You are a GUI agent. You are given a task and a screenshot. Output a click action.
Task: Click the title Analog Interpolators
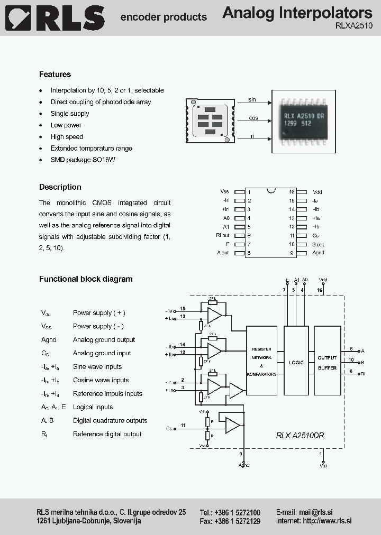(x=297, y=13)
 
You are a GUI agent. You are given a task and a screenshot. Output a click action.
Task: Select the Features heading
(x=55, y=75)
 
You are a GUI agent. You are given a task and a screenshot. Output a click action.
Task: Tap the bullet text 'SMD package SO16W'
(x=83, y=160)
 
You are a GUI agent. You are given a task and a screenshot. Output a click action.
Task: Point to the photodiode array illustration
(x=210, y=121)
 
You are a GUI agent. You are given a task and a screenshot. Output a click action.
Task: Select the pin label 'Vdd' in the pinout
(x=317, y=192)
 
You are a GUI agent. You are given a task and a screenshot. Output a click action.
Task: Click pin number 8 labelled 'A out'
(x=249, y=253)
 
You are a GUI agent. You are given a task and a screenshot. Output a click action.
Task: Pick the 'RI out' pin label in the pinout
(x=223, y=235)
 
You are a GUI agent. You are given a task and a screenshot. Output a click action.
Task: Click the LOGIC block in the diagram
(x=296, y=362)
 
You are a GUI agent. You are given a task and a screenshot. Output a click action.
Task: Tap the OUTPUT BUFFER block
(x=327, y=362)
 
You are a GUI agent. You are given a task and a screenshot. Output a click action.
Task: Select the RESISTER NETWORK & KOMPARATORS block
(x=261, y=362)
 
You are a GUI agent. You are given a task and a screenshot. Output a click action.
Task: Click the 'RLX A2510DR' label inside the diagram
(x=300, y=435)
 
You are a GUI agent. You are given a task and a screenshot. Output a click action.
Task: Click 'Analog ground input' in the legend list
(x=102, y=353)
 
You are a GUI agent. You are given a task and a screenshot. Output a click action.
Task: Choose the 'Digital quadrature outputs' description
(x=110, y=420)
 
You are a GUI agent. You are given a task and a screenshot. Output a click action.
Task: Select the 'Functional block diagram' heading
(x=86, y=279)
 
